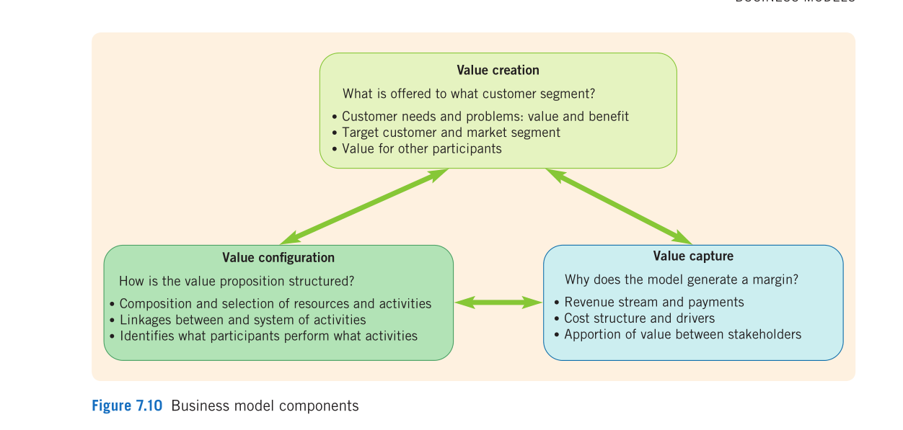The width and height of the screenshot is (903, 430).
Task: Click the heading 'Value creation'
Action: coord(498,70)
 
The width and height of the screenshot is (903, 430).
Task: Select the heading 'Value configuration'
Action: coord(278,258)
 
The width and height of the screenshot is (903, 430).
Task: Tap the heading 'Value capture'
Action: coord(693,256)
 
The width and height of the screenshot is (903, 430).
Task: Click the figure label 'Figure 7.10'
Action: coord(127,406)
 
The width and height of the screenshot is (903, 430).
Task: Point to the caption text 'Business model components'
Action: coord(265,406)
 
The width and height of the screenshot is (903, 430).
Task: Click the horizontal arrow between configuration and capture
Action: coord(498,303)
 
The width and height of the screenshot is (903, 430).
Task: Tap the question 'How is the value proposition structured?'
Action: coord(237,281)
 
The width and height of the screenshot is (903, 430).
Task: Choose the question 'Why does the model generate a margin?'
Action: coord(682,279)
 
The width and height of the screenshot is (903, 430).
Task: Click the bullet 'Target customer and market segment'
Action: coord(451,133)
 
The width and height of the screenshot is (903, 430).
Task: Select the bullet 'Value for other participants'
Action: coord(422,149)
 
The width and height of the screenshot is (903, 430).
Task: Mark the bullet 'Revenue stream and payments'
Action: coord(654,303)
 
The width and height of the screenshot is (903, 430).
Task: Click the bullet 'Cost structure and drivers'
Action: coord(640,318)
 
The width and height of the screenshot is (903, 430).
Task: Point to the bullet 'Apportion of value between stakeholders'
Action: coord(682,334)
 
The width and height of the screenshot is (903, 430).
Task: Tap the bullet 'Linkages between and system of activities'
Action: coord(242,320)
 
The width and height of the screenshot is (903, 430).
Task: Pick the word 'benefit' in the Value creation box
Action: coord(607,117)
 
